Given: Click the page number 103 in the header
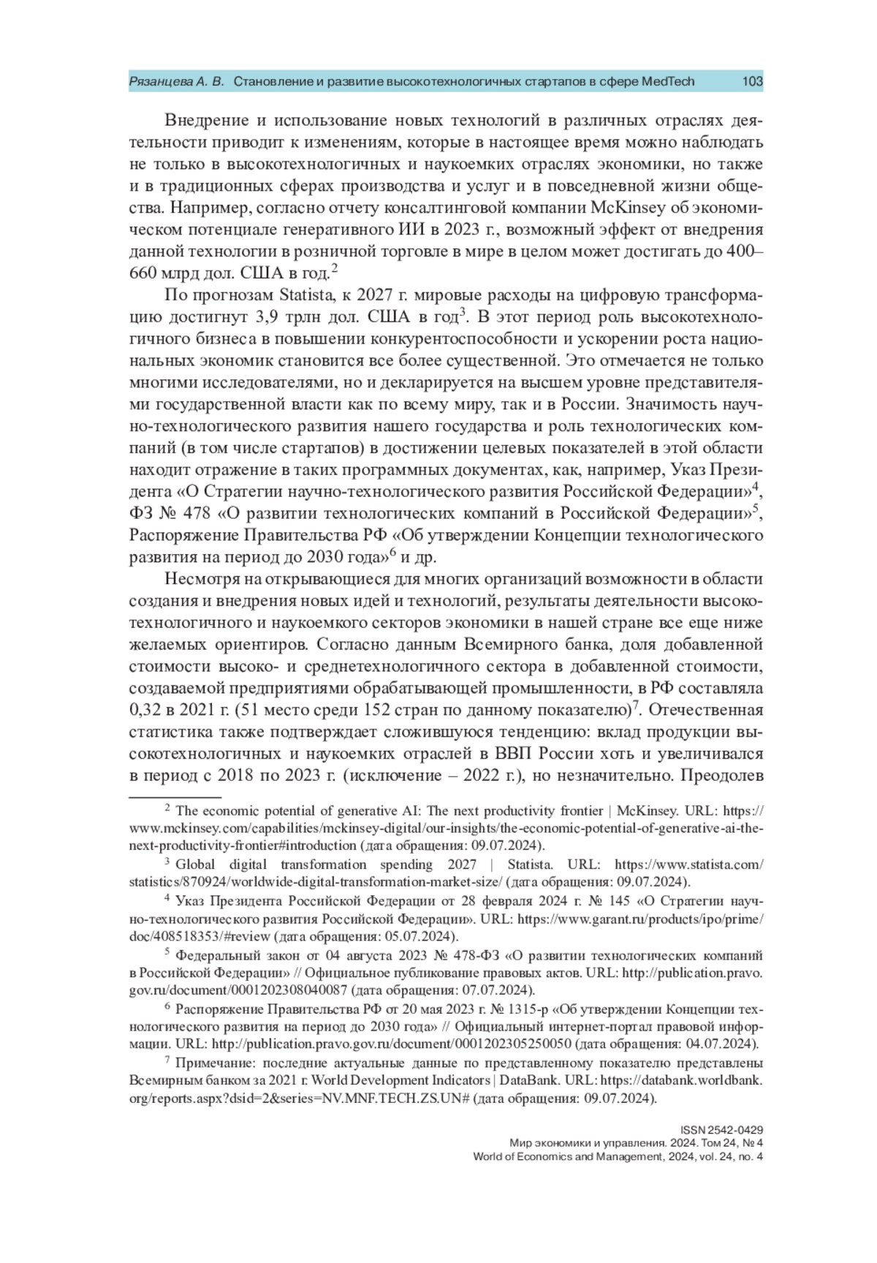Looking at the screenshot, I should [x=752, y=81].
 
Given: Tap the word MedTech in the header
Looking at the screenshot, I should [x=667, y=81].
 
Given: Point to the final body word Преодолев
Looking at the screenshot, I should [x=721, y=775].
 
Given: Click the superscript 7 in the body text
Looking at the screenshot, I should [x=636, y=705].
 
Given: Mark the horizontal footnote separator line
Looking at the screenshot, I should [x=175, y=796].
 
